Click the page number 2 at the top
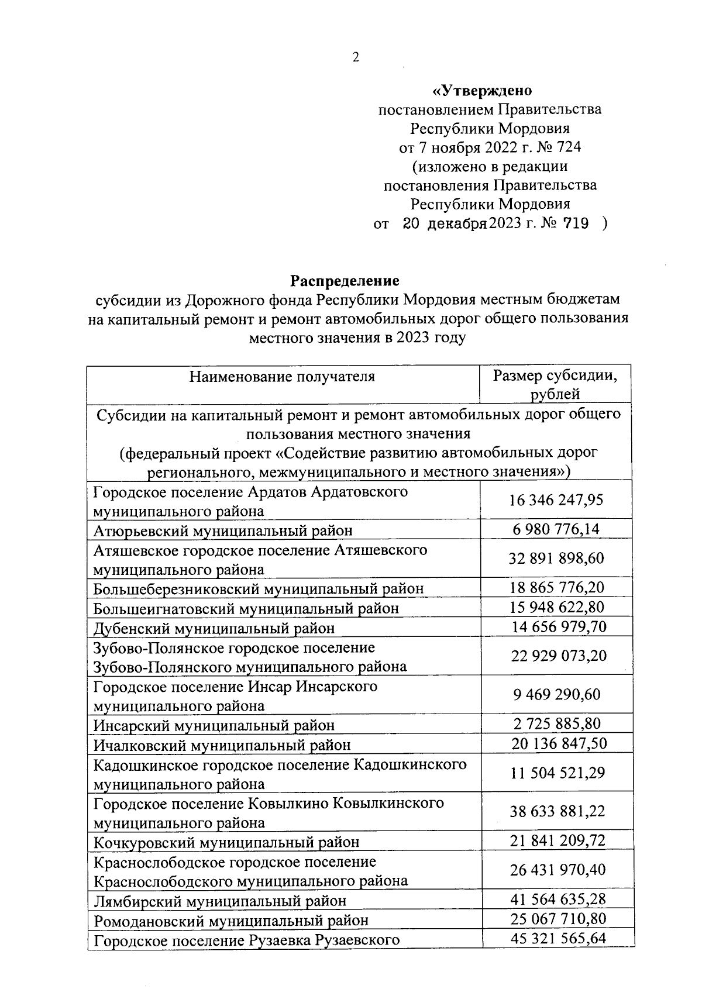tap(355, 57)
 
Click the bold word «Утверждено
tap(482, 91)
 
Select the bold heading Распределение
tap(346, 281)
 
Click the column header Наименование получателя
tap(282, 376)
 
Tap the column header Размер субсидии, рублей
tap(555, 384)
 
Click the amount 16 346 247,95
tap(556, 500)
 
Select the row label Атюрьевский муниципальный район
tap(223, 530)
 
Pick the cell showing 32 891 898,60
tap(556, 559)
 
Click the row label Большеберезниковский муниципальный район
tap(259, 588)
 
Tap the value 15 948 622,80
tap(558, 607)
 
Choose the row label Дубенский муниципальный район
tap(214, 628)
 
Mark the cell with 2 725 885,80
tap(557, 723)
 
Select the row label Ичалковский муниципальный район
tap(222, 745)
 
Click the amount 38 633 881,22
tap(557, 811)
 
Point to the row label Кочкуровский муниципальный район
tap(226, 842)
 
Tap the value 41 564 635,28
tap(558, 899)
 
